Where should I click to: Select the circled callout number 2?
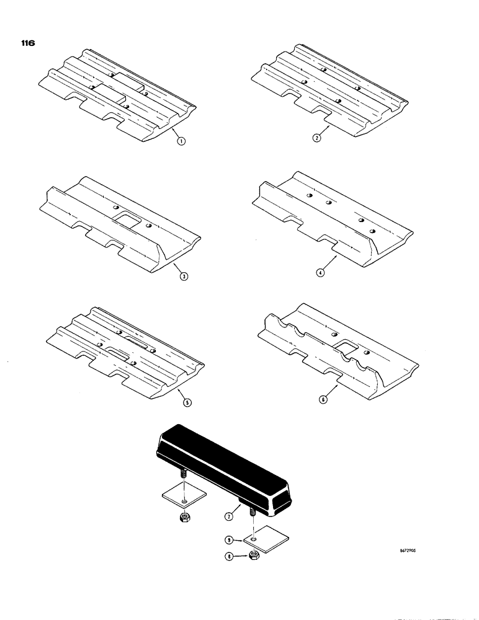(316, 139)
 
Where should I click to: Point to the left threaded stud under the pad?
(184, 476)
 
